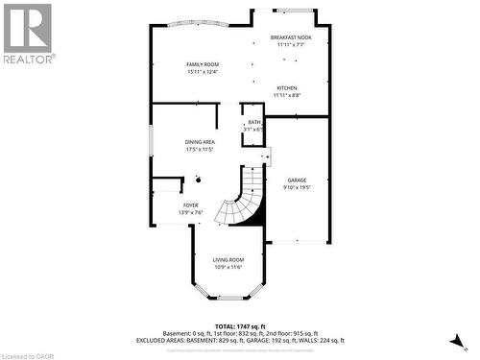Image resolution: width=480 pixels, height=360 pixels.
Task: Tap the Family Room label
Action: click(203, 64)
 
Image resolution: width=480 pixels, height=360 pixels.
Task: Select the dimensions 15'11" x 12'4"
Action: click(203, 72)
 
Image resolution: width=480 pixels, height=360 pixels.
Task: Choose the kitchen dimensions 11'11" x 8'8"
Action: click(287, 95)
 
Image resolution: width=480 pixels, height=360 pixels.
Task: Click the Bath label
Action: click(253, 122)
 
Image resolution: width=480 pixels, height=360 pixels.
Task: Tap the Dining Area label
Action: click(200, 142)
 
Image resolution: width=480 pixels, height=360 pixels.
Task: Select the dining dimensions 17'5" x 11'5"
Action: click(200, 150)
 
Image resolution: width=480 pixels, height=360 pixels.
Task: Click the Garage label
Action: click(297, 180)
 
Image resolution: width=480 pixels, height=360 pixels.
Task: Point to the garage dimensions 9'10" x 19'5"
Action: click(297, 187)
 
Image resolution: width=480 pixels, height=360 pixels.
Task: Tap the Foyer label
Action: click(191, 205)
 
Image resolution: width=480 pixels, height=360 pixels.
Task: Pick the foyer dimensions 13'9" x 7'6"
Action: click(191, 213)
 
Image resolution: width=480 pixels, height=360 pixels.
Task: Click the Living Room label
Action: click(228, 259)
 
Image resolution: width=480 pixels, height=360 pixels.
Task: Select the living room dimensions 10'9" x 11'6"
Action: click(228, 267)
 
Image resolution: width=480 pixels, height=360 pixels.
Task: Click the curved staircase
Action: click(240, 202)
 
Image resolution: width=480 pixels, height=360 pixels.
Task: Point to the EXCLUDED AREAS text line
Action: click(240, 340)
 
